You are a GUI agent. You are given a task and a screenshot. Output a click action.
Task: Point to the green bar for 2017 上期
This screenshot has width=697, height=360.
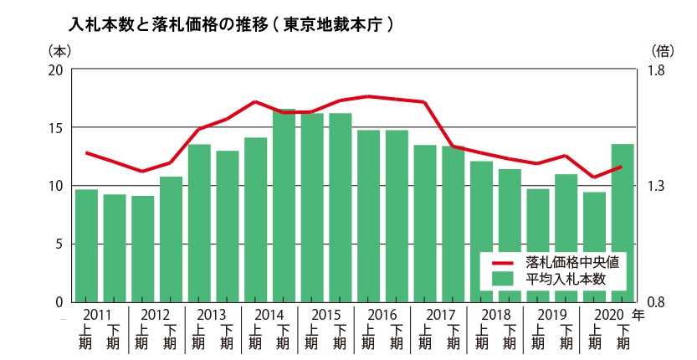[425, 223]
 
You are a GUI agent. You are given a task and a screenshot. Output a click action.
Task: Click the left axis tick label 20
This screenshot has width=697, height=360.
[56, 70]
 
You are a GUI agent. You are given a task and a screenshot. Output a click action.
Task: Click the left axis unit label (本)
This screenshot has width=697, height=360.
[59, 50]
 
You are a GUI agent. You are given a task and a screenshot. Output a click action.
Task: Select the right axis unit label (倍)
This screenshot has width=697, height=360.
[661, 50]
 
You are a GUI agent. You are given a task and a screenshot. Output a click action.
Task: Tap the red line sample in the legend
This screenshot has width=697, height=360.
[505, 261]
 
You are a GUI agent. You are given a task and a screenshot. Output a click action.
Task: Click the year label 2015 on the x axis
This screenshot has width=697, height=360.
[325, 316]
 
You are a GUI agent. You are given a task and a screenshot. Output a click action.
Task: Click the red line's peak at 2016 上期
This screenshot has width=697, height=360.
[369, 96]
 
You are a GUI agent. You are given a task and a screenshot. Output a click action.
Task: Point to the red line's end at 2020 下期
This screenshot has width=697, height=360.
[622, 167]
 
